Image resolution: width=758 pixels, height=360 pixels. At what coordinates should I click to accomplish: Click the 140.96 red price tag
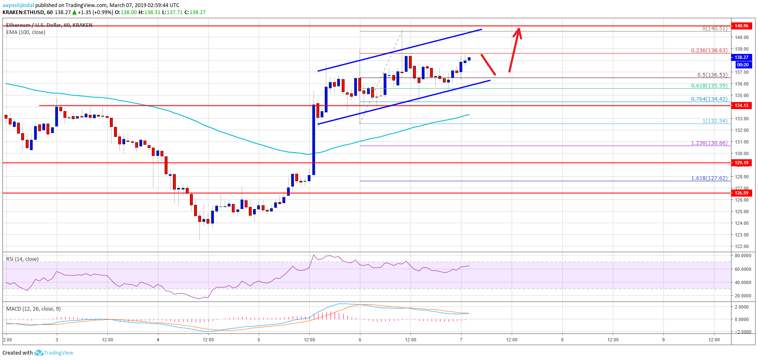click(x=741, y=26)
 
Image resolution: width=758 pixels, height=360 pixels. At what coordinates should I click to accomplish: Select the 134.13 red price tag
click(x=741, y=105)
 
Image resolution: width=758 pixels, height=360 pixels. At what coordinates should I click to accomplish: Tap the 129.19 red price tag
click(x=741, y=163)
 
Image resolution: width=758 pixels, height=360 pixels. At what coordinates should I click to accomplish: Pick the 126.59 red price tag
click(x=741, y=193)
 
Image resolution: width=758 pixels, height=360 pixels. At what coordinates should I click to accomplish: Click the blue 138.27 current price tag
click(x=741, y=57)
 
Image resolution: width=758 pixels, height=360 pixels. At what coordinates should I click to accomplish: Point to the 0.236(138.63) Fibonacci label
click(x=709, y=51)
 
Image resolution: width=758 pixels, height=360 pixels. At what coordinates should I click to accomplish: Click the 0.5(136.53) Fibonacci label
click(x=712, y=75)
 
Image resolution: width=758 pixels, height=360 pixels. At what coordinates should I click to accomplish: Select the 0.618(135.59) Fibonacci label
click(x=709, y=86)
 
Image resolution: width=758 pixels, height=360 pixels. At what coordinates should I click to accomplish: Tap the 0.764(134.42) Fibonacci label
click(x=709, y=99)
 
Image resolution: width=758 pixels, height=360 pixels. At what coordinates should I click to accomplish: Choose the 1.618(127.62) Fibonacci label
click(x=709, y=178)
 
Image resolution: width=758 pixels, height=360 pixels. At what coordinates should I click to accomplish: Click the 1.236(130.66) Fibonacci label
click(x=709, y=143)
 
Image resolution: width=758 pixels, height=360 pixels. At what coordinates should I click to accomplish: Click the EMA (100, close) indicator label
click(x=26, y=32)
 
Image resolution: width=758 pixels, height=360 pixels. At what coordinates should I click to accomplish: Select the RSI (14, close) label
click(x=22, y=259)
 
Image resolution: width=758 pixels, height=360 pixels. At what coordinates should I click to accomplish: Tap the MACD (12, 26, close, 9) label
click(x=33, y=309)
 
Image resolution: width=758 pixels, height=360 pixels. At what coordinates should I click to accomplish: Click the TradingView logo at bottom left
click(x=54, y=353)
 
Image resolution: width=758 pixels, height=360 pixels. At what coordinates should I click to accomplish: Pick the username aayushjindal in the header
click(x=18, y=5)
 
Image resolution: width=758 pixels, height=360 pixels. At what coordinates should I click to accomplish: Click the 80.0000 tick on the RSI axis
click(x=743, y=256)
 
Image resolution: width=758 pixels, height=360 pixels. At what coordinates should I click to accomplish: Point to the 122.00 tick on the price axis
click(x=741, y=246)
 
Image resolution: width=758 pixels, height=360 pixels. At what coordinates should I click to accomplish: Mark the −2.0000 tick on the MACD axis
click(x=742, y=332)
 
